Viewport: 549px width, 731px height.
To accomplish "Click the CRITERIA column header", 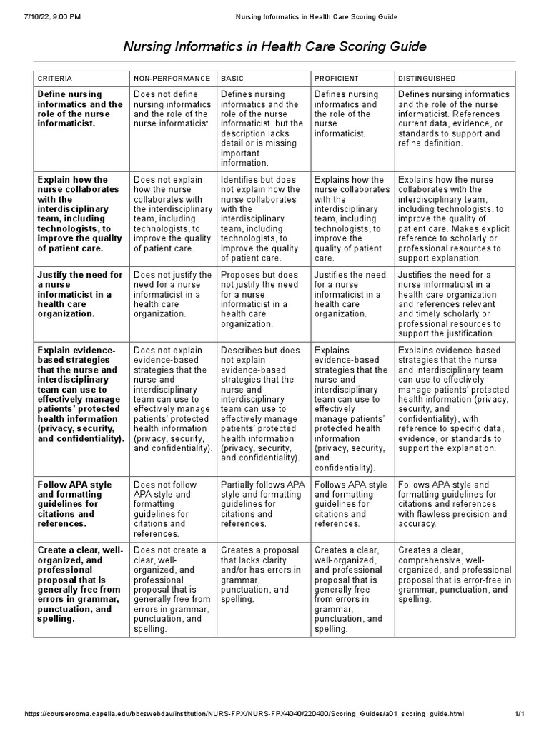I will point(54,78).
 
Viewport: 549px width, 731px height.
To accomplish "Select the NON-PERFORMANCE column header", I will point(172,78).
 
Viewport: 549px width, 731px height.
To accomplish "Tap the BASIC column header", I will point(232,78).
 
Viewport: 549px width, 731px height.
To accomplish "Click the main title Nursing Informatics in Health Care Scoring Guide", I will point(274,47).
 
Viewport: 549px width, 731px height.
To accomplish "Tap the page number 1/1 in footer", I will point(520,714).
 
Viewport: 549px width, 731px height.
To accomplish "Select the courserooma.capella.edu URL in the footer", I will point(244,714).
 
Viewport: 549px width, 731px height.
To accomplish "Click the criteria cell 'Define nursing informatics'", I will point(80,109).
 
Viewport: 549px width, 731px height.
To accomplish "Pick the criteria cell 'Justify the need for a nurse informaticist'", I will point(80,294).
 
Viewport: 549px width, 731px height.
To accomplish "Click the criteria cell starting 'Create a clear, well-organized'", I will point(80,585).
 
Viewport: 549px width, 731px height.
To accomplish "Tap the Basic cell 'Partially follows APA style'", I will point(262,504).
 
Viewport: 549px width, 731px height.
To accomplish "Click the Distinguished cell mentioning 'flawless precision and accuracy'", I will point(452,504).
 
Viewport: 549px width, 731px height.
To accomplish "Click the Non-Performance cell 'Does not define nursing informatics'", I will point(172,109).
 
